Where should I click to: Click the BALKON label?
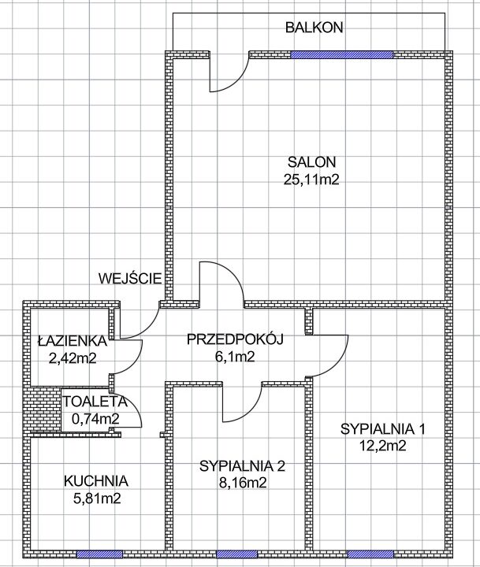314,28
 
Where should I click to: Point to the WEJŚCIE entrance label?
131,278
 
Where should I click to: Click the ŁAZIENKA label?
72,341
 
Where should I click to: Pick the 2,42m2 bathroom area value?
72,358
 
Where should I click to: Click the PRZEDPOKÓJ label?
235,339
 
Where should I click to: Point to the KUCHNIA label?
96,480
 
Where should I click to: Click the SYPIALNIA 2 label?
242,465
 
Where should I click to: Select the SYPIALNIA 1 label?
383,429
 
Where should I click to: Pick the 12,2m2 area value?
382,447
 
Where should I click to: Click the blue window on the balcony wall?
341,54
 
